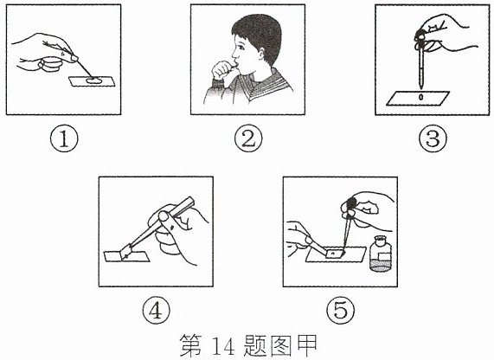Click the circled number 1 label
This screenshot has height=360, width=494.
click(64, 138)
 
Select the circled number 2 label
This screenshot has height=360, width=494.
click(248, 138)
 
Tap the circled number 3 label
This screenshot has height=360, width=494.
click(433, 138)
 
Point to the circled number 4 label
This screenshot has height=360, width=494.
click(156, 311)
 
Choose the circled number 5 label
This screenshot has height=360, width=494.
click(340, 311)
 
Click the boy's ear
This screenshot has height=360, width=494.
click(261, 54)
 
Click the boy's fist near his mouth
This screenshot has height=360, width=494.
click(223, 71)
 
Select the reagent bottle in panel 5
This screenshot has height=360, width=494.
click(381, 254)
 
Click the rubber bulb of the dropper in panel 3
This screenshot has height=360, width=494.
click(420, 38)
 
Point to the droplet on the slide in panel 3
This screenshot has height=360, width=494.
click(420, 97)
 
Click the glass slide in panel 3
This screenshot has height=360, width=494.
click(418, 98)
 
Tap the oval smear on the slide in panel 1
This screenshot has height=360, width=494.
click(94, 80)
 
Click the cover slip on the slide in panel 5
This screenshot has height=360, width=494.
click(335, 254)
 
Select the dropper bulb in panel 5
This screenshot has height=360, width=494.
click(350, 207)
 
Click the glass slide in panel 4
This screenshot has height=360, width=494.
click(126, 256)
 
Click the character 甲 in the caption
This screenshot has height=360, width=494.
click(306, 346)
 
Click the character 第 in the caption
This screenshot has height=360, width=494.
click(190, 346)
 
